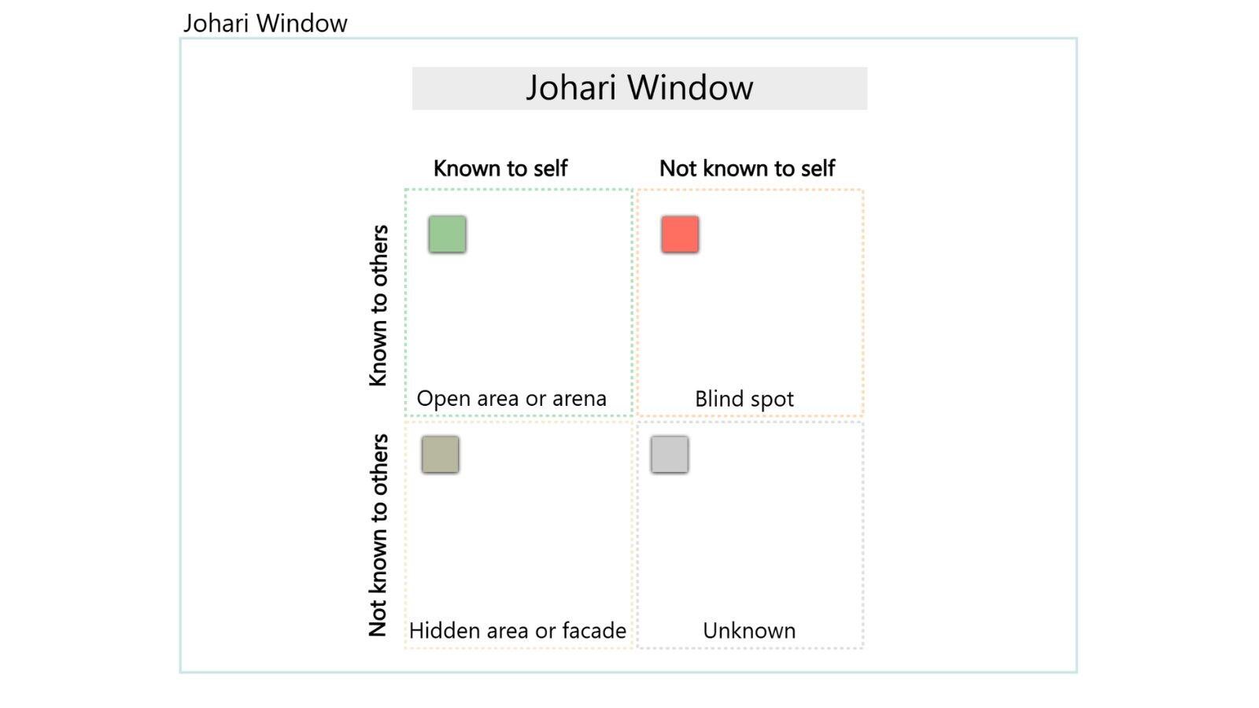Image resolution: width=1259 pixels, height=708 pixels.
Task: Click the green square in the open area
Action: tap(447, 234)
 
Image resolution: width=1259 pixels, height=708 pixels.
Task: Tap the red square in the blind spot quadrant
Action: tap(680, 234)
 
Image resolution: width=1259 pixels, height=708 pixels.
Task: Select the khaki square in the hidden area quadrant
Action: tap(440, 455)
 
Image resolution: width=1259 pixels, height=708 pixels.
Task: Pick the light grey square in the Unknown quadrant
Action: tap(670, 455)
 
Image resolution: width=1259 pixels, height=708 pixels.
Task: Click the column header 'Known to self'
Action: tap(500, 168)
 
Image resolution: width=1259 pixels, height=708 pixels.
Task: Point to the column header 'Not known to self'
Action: tap(747, 168)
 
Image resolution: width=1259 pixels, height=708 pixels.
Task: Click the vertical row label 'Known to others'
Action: tap(378, 305)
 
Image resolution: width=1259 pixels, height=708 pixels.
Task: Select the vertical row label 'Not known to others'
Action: tap(378, 535)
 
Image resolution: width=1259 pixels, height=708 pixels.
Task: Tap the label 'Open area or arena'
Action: tap(511, 399)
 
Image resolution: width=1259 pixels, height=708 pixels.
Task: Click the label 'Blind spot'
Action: tap(744, 399)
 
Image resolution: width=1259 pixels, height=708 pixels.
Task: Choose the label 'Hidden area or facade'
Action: tap(517, 631)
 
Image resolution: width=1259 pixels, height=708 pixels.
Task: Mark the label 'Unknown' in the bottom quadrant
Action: tap(749, 631)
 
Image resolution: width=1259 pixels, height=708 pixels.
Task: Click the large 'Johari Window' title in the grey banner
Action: tap(639, 87)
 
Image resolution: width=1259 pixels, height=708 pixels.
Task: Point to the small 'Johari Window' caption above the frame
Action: tap(265, 24)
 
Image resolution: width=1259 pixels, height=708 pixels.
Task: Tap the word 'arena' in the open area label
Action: tap(579, 399)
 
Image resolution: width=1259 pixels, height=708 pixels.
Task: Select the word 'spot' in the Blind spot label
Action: tap(772, 400)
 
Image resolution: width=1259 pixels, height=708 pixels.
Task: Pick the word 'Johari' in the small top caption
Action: tap(214, 24)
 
